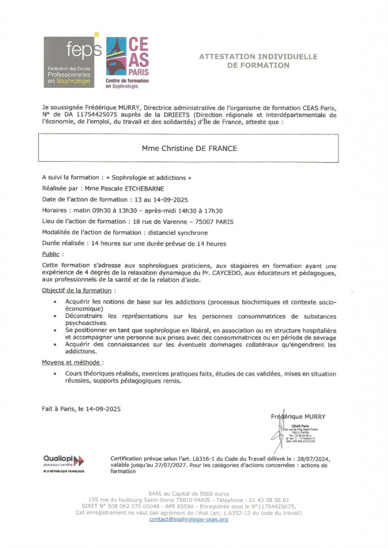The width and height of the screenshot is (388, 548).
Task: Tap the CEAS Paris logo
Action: point(128,62)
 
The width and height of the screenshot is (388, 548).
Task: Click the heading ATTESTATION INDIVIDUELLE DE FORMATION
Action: point(258,61)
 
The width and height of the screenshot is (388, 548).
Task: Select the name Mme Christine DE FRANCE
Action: point(191,148)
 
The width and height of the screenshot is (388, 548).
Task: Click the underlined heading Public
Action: point(50,254)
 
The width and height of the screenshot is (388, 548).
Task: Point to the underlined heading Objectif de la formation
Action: point(77,290)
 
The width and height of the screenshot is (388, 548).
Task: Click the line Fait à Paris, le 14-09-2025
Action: point(81,409)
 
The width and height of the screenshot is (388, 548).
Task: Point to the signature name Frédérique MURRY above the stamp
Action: point(297,416)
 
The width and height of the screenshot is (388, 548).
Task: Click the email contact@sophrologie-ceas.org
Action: point(189,520)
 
